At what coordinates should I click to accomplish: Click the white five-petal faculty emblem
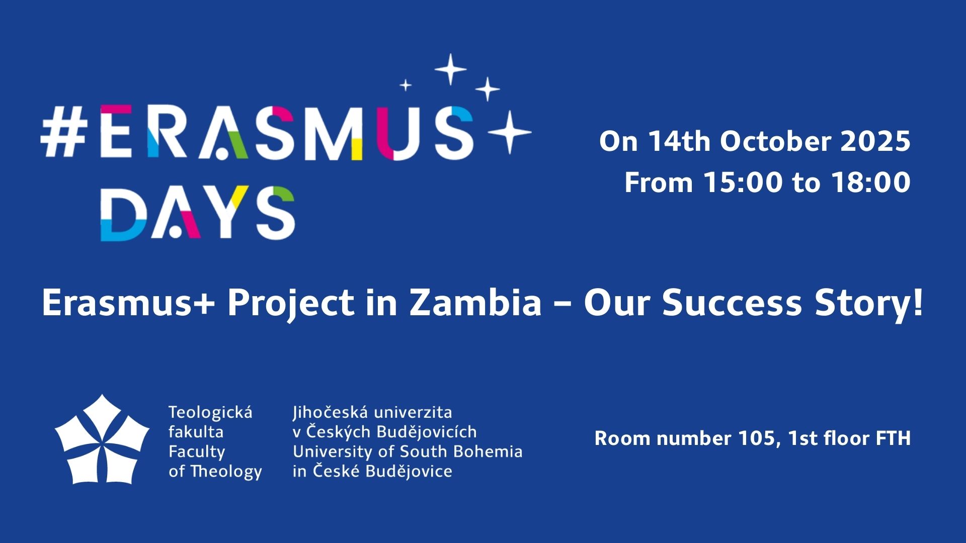coord(102,439)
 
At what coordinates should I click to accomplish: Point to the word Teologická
coord(210,413)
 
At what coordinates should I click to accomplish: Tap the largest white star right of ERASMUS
coord(510,132)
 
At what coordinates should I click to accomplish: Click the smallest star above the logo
coord(406,85)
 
